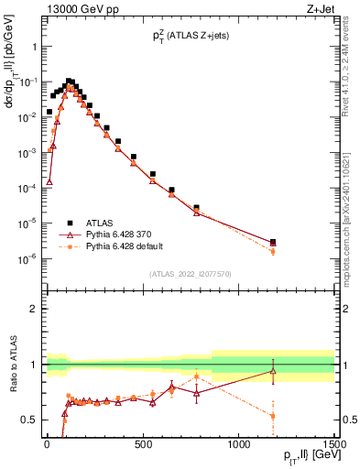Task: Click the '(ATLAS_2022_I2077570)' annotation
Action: click(190, 273)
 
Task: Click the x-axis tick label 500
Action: click(143, 444)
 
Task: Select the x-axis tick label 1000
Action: click(239, 444)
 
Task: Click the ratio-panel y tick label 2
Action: click(33, 309)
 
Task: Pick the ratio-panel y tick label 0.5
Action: click(29, 420)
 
